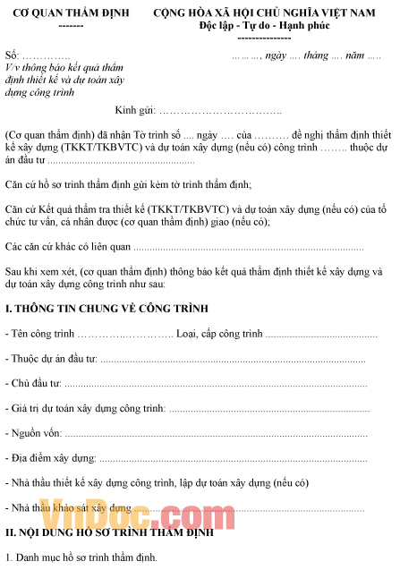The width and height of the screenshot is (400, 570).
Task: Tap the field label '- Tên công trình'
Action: tap(39, 334)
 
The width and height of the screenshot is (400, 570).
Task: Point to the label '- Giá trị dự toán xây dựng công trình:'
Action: tap(86, 408)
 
